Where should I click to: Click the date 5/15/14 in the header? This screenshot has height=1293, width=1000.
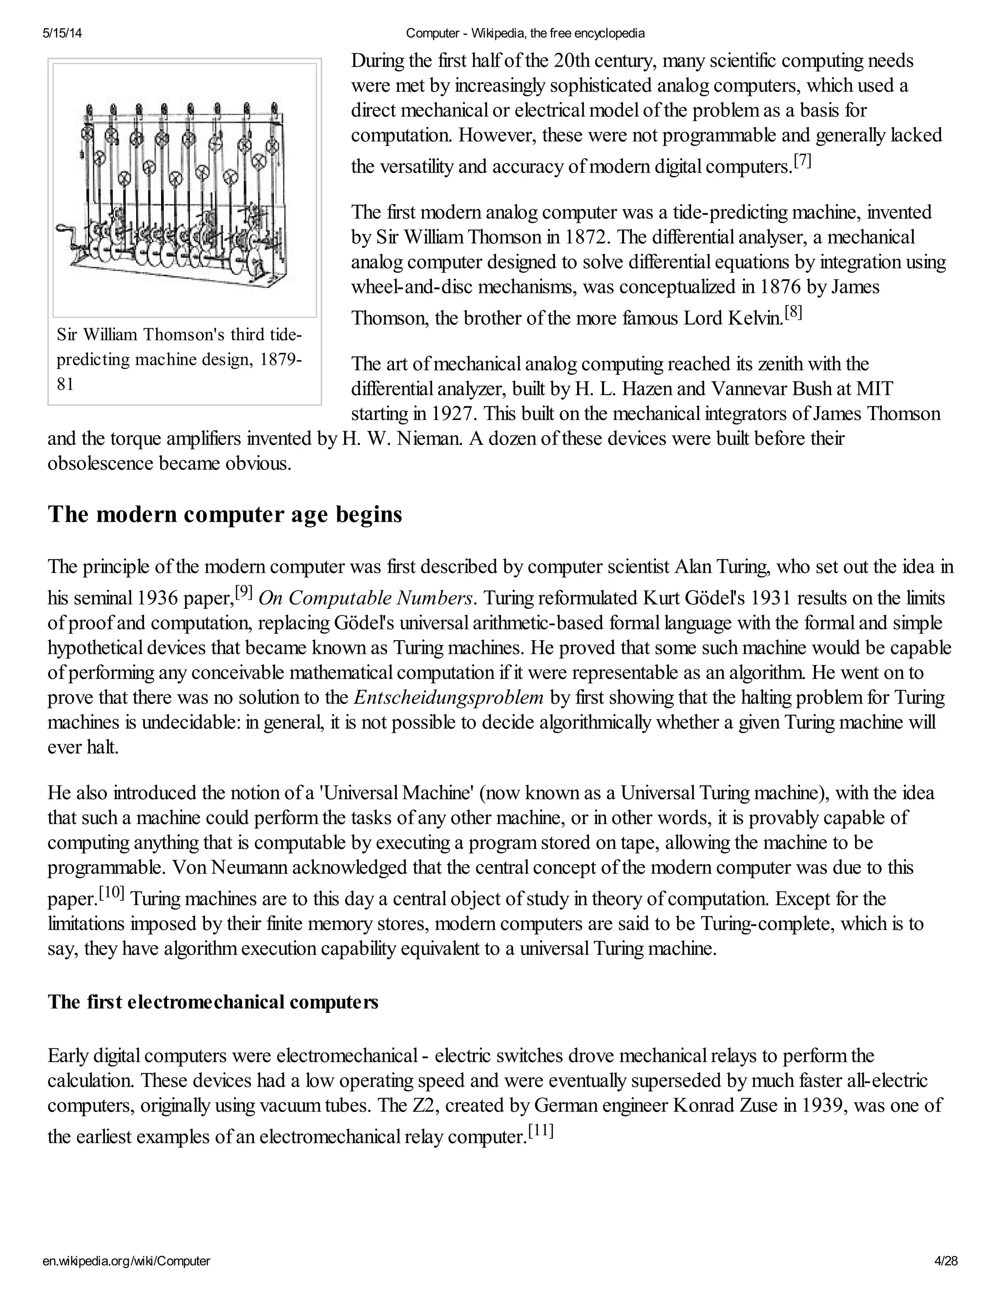pos(62,34)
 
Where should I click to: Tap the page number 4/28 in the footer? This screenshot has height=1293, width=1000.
pos(945,1261)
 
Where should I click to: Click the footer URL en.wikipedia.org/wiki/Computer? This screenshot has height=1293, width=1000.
pos(126,1261)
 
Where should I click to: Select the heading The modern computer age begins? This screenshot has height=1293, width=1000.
pos(225,514)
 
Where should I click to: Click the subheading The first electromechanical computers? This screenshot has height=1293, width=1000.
pos(213,1002)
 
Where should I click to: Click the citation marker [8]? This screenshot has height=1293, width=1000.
pos(793,312)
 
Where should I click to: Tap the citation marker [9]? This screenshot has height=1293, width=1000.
pos(244,591)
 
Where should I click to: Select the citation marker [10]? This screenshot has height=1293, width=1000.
pos(111,892)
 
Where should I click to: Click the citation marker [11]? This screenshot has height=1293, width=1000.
pos(541,1131)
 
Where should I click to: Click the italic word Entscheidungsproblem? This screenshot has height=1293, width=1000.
pos(448,697)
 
